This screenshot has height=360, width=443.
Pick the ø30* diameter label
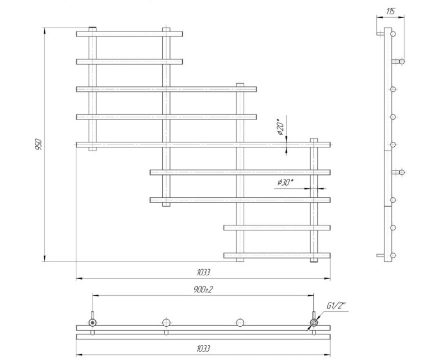[x=286, y=182]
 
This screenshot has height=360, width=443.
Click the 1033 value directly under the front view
[x=203, y=272]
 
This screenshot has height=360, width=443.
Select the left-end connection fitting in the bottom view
[x=93, y=322]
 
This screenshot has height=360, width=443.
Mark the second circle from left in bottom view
[x=166, y=322]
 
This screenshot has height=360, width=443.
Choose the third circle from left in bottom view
[x=240, y=322]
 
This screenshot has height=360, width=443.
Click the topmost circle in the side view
[x=393, y=34]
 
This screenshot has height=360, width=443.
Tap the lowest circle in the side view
[x=393, y=255]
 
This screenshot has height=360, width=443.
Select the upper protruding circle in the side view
[x=402, y=61]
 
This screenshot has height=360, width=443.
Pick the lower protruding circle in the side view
[x=402, y=172]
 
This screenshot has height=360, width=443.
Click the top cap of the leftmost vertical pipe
[x=92, y=28]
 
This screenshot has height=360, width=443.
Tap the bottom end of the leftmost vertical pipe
[x=92, y=148]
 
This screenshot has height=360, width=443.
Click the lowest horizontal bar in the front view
[x=277, y=255]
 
